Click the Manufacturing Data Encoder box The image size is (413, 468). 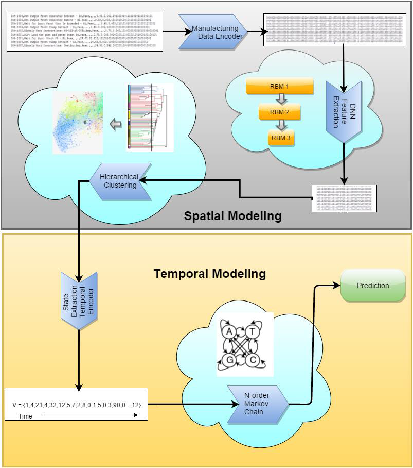coord(214,32)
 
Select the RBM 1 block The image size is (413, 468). coord(280,87)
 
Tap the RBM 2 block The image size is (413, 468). coord(280,112)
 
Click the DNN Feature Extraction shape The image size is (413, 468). coord(344,111)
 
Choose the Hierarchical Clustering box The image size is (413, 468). coord(120,181)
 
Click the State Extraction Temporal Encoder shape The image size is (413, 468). coord(79,300)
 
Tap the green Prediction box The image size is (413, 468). coord(373,286)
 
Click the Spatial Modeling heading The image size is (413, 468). coord(232,216)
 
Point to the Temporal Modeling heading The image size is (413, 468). coord(210,274)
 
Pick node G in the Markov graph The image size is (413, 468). coord(229,360)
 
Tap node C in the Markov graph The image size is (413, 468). coord(253,360)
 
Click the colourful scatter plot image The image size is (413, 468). coord(78,123)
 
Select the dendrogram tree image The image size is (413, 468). coord(150,118)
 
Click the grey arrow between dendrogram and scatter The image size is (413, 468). coord(116,124)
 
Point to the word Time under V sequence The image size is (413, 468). coord(25,416)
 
